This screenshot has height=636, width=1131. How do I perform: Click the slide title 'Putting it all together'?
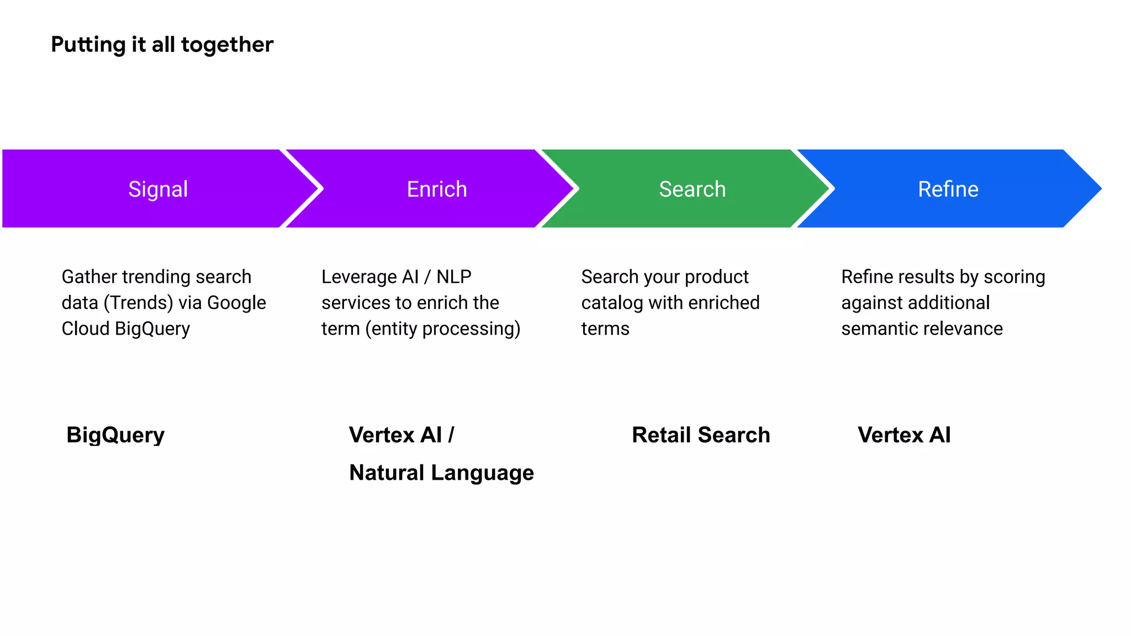pyautogui.click(x=162, y=45)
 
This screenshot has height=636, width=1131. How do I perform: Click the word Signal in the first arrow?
pyautogui.click(x=158, y=189)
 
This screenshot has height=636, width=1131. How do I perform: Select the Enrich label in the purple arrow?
pyautogui.click(x=437, y=189)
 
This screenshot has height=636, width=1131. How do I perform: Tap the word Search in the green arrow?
pyautogui.click(x=692, y=189)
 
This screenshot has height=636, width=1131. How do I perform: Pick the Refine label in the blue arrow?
pyautogui.click(x=948, y=189)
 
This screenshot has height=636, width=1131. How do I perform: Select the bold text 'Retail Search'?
pyautogui.click(x=701, y=435)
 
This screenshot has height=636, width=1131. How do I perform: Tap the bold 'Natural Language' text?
pyautogui.click(x=441, y=473)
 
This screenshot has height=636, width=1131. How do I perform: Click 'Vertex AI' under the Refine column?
pyautogui.click(x=904, y=435)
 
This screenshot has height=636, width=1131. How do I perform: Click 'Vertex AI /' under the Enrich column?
pyautogui.click(x=401, y=435)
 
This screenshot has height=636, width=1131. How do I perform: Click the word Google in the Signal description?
pyautogui.click(x=236, y=303)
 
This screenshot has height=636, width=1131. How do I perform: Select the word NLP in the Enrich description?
pyautogui.click(x=453, y=277)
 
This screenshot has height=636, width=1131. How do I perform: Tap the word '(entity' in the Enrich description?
pyautogui.click(x=391, y=329)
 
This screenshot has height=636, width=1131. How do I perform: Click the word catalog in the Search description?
pyautogui.click(x=612, y=303)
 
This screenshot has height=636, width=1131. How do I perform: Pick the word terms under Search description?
pyautogui.click(x=605, y=329)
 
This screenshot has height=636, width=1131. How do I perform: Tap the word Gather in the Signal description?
pyautogui.click(x=89, y=277)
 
